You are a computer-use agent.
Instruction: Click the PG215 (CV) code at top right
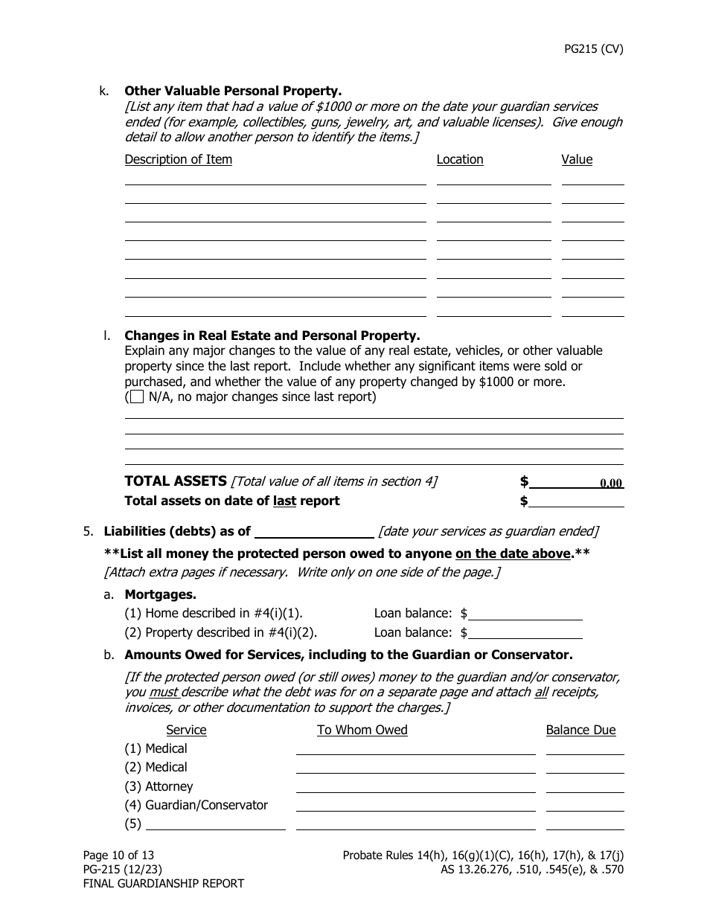pos(593,50)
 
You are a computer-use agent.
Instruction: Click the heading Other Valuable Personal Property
pos(233,91)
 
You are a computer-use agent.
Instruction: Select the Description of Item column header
pos(178,159)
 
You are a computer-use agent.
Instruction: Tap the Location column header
pos(459,159)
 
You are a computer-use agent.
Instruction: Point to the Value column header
pos(577,159)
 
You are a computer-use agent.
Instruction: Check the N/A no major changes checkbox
pos(137,397)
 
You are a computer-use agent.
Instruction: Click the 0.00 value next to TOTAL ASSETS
pos(610,483)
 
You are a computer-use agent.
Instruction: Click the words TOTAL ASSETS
pos(175,481)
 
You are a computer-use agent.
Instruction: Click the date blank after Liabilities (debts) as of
pos(314,531)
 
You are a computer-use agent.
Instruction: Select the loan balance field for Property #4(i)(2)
pos(525,632)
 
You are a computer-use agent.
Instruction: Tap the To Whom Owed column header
pos(362,730)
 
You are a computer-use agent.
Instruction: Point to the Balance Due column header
pos(580,730)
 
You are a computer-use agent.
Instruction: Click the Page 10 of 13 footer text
pos(118,855)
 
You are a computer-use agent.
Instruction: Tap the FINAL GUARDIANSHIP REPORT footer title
pos(163,884)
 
